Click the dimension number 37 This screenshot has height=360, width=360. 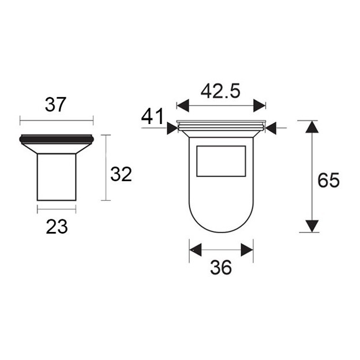click(x=55, y=104)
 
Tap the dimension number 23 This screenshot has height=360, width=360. click(x=57, y=227)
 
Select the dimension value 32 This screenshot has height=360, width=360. click(x=121, y=174)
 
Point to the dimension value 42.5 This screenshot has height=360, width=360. click(x=220, y=91)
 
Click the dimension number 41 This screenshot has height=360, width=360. click(x=152, y=117)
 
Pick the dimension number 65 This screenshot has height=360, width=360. click(x=328, y=180)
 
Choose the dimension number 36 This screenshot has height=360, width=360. click(x=221, y=268)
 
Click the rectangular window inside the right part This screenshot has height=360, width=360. click(x=221, y=161)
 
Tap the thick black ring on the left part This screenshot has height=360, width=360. click(x=57, y=140)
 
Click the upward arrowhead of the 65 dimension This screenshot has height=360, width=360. click(x=312, y=127)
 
